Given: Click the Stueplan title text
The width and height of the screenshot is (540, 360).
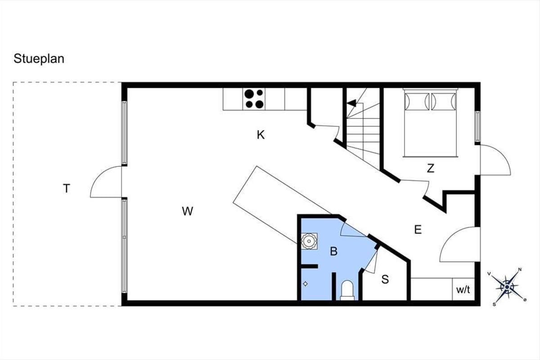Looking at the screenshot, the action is pos(39,59).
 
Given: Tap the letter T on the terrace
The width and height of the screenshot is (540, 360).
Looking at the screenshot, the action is pos(67,188).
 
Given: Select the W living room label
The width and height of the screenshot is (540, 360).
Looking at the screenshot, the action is pos(188,211).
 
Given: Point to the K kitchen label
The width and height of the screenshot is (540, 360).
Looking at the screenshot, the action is pos(261,135).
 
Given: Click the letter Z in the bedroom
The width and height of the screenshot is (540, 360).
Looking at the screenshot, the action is pos(431,168).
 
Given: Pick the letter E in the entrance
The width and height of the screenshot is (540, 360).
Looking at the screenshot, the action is pos(418,229).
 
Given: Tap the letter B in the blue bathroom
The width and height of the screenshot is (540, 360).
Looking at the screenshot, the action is pos(333,251).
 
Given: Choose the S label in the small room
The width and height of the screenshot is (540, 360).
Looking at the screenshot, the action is pos(385,279).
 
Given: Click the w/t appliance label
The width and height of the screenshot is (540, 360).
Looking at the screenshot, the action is pos(463,290).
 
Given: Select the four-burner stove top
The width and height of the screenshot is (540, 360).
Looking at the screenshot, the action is pos(254,99).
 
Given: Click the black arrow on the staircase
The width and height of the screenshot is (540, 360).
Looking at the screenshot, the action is pos(351,103).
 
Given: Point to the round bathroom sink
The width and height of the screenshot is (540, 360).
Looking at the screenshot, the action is pos(309,241).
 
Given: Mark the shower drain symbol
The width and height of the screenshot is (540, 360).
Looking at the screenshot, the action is pos(305,284).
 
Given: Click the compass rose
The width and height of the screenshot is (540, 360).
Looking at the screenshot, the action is pos(507,287).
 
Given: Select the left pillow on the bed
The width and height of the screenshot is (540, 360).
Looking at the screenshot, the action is pos(417,102).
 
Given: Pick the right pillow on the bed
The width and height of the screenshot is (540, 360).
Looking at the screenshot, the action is pos(444,102).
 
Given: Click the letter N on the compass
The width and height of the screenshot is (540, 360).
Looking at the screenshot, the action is pos(520,270).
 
